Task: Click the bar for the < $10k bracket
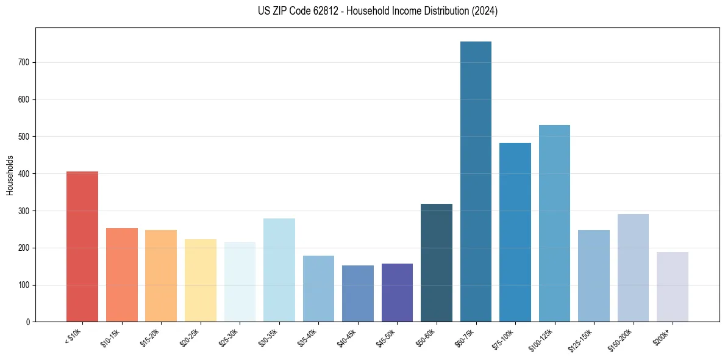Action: click(x=82, y=247)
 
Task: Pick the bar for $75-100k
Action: click(x=515, y=232)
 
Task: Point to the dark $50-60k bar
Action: click(x=437, y=262)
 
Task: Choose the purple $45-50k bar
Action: click(x=397, y=292)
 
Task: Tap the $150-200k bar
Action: click(x=633, y=268)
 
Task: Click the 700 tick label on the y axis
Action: click(x=24, y=62)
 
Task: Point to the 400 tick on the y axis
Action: click(x=24, y=174)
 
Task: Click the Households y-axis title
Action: click(x=10, y=175)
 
